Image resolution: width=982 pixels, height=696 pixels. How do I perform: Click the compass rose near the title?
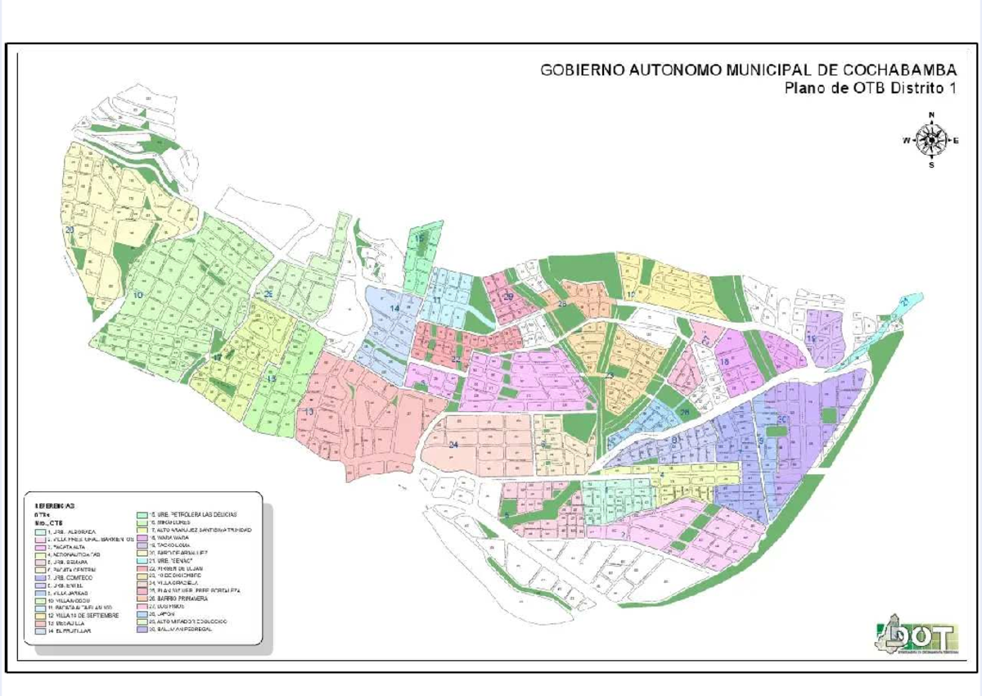pos(930,139)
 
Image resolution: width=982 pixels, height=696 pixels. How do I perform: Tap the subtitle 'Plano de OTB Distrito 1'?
pos(870,88)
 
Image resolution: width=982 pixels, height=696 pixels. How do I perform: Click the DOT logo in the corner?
pos(914,636)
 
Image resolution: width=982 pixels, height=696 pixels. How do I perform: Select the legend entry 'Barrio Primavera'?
pos(175,598)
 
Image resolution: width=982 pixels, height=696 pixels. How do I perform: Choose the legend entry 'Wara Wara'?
pos(168,538)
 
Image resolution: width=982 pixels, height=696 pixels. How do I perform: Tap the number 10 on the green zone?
pos(138,294)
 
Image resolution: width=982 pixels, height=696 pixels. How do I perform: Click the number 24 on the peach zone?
pos(453,444)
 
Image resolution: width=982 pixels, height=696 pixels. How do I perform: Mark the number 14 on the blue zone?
pos(394,308)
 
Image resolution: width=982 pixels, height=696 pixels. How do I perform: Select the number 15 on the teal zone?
pos(419,239)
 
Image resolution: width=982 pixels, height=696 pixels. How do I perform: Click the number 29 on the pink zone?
pos(508,296)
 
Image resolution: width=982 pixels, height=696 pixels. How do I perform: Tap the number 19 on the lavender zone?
pos(811,338)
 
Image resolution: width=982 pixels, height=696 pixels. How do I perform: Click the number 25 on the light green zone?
pos(268,294)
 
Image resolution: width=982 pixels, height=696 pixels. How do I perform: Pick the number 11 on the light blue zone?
pos(437,301)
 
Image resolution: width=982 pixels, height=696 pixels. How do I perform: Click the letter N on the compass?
pos(931,115)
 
